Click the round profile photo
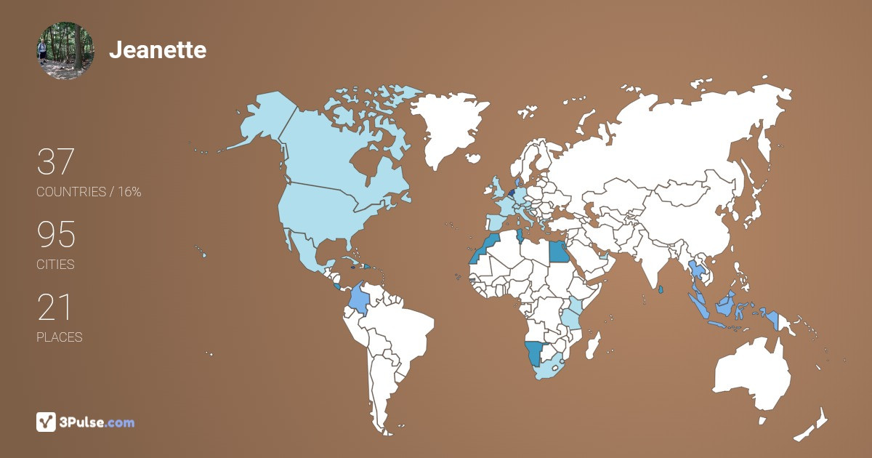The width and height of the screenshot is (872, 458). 65,50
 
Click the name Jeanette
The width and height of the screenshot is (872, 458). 158,50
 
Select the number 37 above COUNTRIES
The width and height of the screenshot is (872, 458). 55,161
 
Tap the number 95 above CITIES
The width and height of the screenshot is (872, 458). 56,235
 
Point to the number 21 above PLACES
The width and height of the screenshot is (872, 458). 54,308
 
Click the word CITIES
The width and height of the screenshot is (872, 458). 56,265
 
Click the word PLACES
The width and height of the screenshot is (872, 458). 60,337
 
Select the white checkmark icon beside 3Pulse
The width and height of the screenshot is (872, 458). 46,422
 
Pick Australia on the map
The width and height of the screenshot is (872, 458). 752,374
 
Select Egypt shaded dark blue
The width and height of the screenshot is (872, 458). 558,252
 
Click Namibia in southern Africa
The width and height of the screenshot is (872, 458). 536,353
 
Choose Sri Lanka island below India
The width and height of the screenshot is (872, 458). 660,290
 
